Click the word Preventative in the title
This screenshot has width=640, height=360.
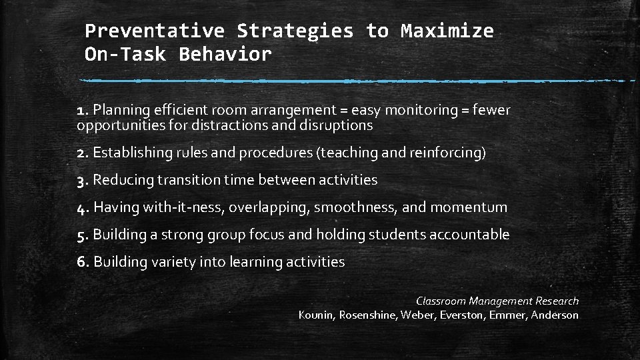click(x=155, y=31)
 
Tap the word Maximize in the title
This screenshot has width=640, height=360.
click(x=447, y=31)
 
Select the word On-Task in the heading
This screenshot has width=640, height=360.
click(x=126, y=55)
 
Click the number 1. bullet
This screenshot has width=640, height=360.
click(x=83, y=110)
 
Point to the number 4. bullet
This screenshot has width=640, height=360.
click(x=83, y=207)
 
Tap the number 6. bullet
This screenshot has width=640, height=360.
click(x=83, y=262)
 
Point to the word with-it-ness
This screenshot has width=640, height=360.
click(x=185, y=207)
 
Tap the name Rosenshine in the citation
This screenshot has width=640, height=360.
click(x=367, y=315)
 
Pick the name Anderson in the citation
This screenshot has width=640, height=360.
click(x=555, y=315)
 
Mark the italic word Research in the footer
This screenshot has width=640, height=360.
click(x=557, y=301)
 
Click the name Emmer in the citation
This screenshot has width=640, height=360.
click(x=507, y=315)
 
